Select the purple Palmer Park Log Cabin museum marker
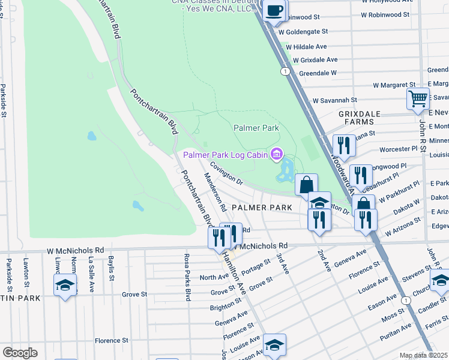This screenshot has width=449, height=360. pos(276,155)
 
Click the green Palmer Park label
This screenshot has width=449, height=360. pos(256,128)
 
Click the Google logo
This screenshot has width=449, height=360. pos(20,353)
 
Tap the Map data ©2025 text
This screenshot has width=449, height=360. pos(423,355)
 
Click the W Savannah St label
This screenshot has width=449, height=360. pos(334,100)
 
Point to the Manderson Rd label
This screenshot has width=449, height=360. pos(214,192)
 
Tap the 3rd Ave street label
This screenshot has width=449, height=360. pos(283,264)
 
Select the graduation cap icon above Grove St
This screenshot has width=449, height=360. pos(65,284)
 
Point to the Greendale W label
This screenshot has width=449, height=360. pos(318,73)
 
